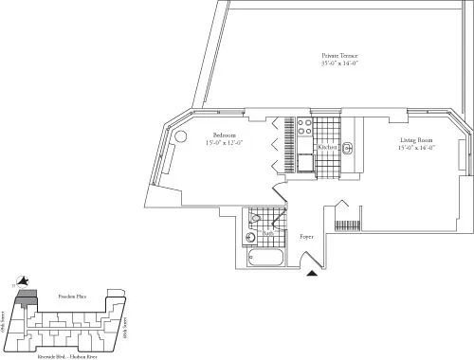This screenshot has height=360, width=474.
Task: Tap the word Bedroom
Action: [224, 135]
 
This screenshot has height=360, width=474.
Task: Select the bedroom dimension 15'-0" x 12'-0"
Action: [224, 143]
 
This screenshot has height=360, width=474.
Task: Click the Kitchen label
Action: [328, 148]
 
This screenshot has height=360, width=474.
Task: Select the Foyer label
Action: [306, 236]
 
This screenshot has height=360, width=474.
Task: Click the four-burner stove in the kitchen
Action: [305, 129]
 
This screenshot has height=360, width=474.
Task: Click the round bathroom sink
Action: [251, 237]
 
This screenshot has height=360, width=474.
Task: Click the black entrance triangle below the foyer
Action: [312, 274]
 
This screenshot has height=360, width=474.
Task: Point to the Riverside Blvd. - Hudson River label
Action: [74, 347]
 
